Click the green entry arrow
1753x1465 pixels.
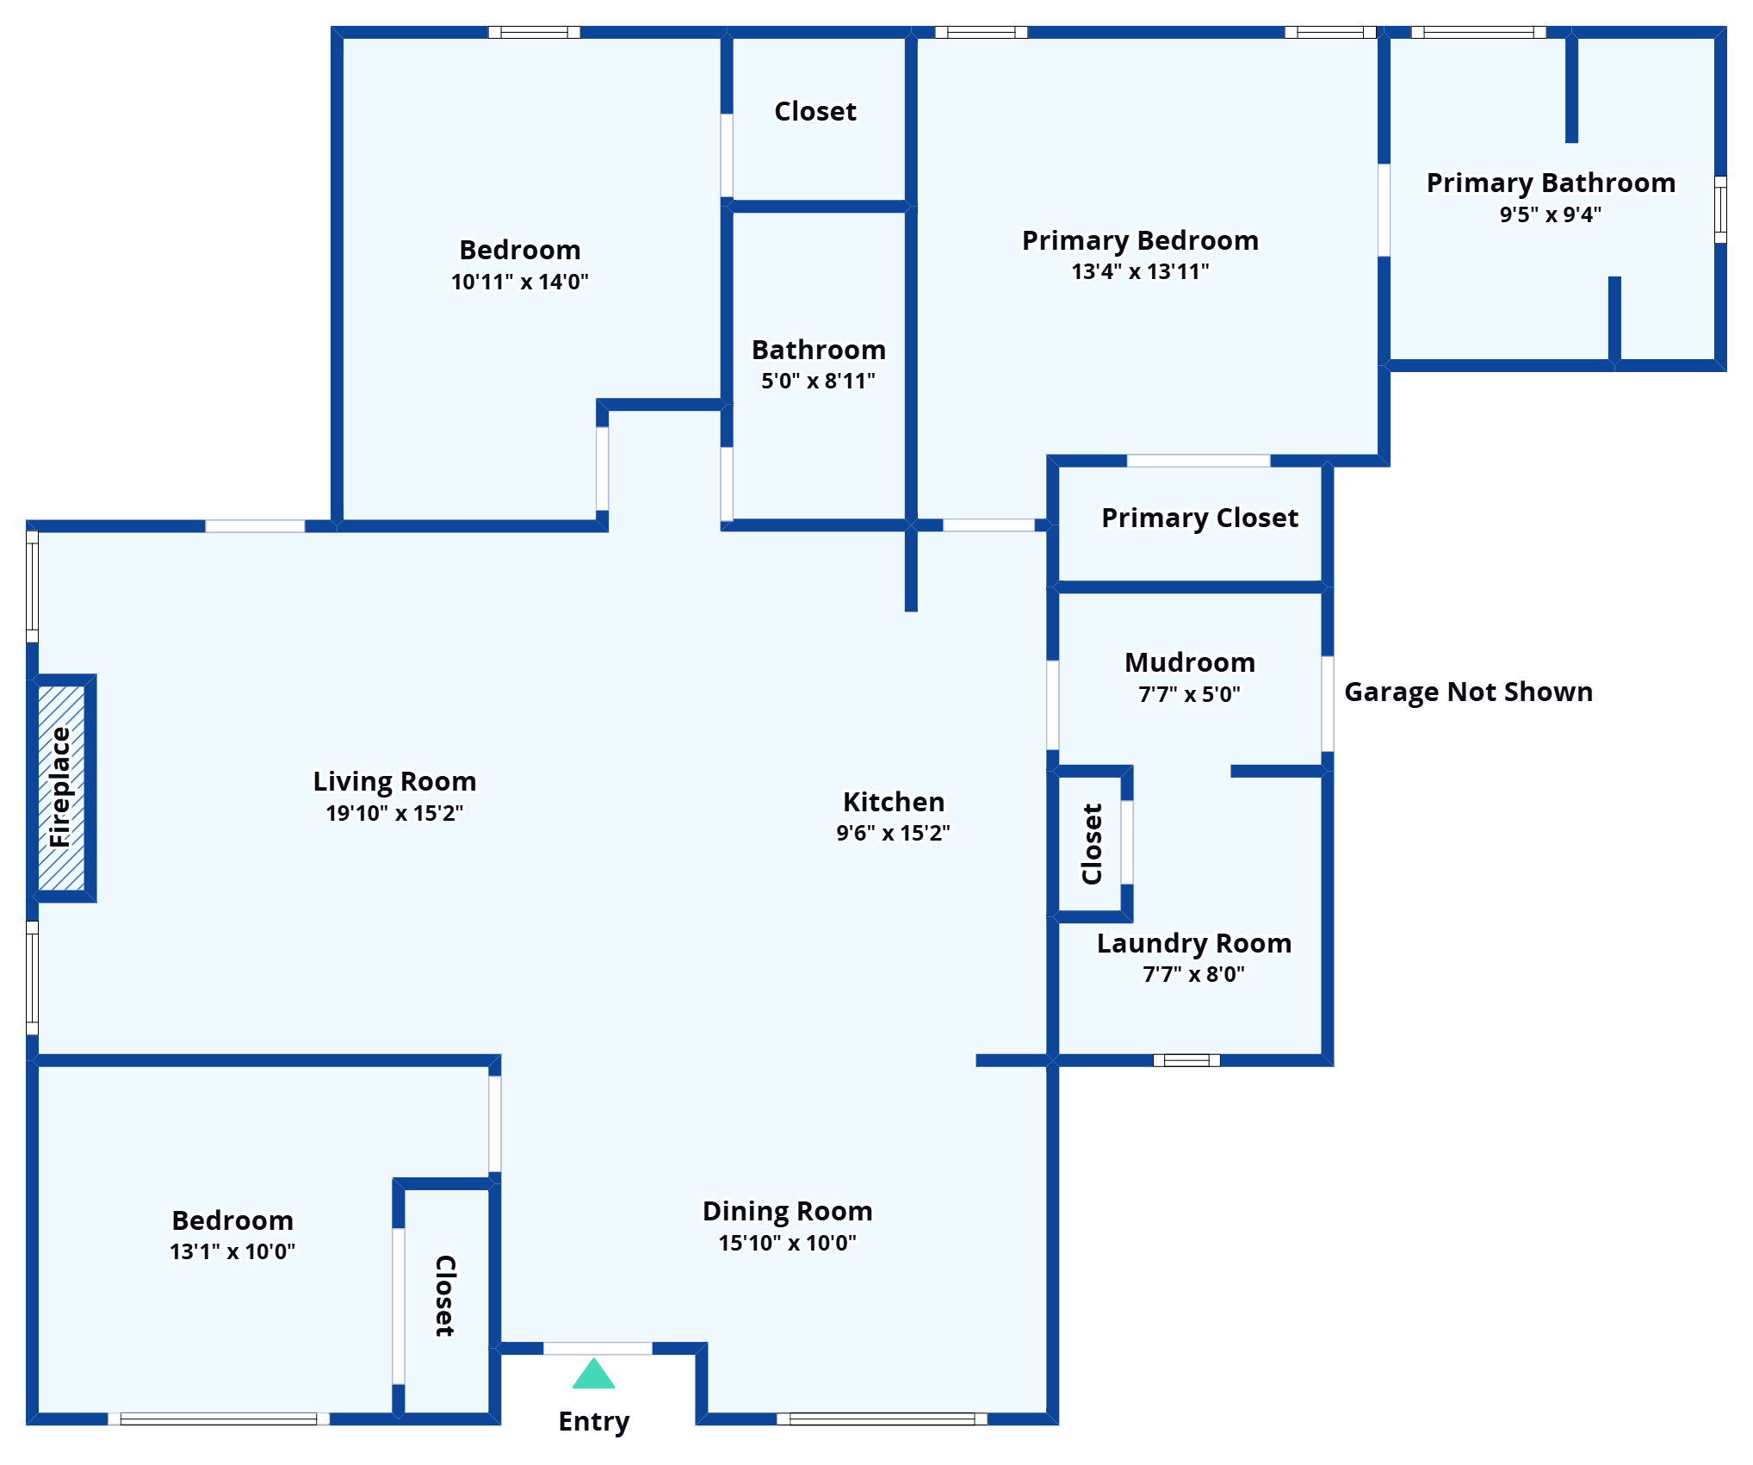point(594,1374)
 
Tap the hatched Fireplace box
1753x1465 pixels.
point(61,788)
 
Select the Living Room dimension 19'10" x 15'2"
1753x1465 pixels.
point(394,813)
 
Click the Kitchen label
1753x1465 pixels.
point(894,802)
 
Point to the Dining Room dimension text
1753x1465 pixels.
point(788,1243)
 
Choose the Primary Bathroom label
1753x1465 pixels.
point(1551,183)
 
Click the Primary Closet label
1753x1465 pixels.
point(1200,518)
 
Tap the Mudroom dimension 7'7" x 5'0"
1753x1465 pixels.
point(1190,694)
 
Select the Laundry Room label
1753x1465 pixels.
point(1194,943)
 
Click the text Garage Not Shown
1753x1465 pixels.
point(1469,692)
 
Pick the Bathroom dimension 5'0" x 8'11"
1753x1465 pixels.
point(818,381)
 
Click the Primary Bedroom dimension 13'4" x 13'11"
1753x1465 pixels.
point(1140,271)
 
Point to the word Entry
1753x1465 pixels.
point(594,1422)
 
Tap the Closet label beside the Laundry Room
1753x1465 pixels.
point(1093,844)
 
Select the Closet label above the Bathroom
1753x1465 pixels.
point(815,111)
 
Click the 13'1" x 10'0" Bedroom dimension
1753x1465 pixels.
point(232,1251)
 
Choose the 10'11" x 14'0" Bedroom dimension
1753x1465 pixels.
point(520,282)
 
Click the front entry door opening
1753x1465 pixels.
point(598,1348)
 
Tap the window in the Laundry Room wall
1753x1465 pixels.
point(1186,1060)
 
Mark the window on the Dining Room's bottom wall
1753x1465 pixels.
point(882,1418)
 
